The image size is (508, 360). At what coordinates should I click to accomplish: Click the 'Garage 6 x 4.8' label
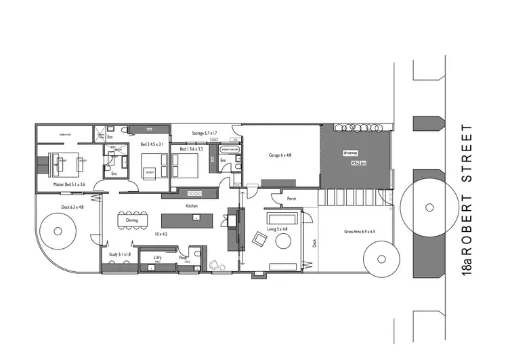pos(280,155)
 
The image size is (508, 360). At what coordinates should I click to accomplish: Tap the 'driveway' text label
pos(350,153)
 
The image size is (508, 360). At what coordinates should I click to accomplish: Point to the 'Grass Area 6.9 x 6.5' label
pos(359,232)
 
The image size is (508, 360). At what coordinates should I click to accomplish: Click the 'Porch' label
pos(291,199)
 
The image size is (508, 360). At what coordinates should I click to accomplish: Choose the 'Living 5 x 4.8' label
pos(277,229)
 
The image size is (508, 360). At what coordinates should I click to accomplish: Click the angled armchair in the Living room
pos(259,238)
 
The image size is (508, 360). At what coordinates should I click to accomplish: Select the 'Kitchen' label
pos(192,205)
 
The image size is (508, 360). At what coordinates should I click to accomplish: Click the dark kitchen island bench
pos(186,220)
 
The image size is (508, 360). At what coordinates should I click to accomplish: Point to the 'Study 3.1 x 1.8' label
pos(120,254)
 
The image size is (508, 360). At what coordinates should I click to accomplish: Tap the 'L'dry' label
pos(157,257)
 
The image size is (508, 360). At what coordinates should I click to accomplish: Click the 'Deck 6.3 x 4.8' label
pos(72,207)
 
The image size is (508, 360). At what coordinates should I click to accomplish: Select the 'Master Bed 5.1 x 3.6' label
pos(68,184)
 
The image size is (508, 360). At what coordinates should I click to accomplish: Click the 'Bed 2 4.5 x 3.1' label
pos(152,144)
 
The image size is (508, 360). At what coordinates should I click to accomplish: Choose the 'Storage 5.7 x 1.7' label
pos(205,134)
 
